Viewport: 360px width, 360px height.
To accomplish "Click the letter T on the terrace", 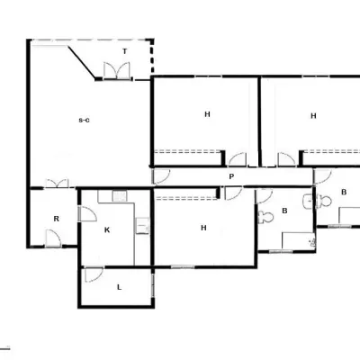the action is pos(125,51).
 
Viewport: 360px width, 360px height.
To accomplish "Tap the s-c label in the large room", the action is pos(84,121).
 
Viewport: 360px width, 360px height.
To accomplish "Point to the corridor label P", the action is pos(231,176).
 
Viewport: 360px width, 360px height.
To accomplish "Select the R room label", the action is pos(57,219).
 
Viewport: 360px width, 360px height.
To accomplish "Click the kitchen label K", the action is pos(107,230).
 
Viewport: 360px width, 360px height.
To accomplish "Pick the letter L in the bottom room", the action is pos(119,287).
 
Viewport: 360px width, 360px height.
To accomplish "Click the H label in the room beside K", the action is pos(203,228).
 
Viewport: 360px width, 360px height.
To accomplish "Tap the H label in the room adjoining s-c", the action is pos(207,114).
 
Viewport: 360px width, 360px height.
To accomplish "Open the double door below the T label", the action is pos(117,71).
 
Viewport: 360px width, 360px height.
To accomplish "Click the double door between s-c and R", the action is pos(57,184).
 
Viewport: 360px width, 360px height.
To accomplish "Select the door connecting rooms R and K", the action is pos(87,214).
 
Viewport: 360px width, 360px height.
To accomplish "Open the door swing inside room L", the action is pos(94,275).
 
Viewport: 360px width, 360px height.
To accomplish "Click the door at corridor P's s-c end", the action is pos(161,176).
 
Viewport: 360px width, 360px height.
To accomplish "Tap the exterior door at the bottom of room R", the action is pos(53,238).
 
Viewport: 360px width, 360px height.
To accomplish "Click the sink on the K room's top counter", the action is pos(120,196).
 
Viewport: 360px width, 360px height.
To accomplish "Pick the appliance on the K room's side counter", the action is pos(142,226).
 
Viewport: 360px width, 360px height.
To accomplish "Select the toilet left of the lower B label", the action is pos(265,217).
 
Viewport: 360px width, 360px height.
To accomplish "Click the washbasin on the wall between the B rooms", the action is pos(308,202).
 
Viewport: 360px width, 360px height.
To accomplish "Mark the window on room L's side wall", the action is pos(153,285).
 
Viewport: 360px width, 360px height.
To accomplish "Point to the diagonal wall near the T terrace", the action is pos(82,62).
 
